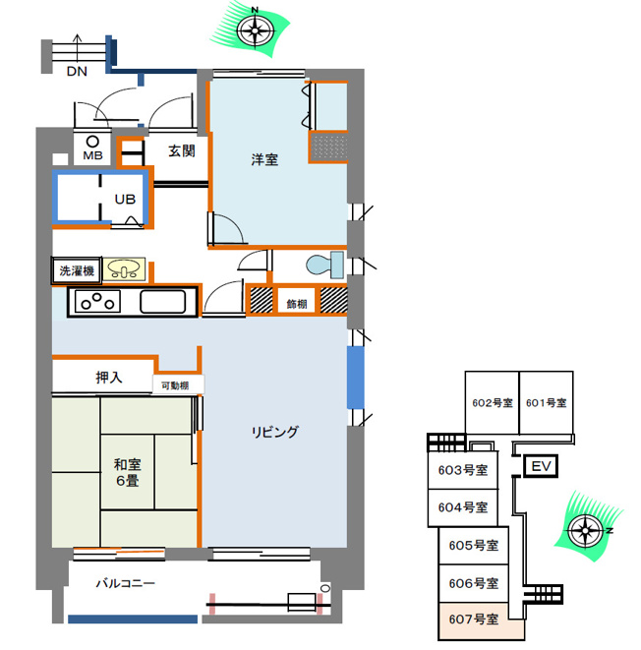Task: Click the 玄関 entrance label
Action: (182, 150)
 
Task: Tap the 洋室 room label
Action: (264, 159)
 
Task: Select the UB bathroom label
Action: (125, 200)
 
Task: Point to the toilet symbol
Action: (324, 265)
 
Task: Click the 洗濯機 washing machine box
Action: (77, 270)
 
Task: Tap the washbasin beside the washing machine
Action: (124, 269)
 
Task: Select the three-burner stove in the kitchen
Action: (97, 301)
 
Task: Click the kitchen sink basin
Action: (162, 301)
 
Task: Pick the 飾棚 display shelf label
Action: (297, 304)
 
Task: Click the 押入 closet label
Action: (109, 378)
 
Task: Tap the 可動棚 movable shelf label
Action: (175, 385)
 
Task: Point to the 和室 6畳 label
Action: (128, 473)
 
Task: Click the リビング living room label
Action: (274, 432)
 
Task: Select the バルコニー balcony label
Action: (126, 584)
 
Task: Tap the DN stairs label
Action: (77, 72)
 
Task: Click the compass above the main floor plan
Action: (255, 30)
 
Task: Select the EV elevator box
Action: (541, 466)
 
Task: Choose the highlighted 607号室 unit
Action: (482, 620)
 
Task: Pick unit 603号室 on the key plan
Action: (463, 470)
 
